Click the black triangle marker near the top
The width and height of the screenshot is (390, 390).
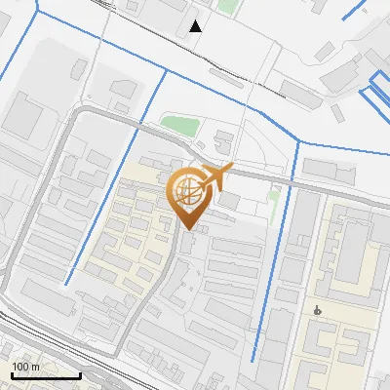pos(196,25)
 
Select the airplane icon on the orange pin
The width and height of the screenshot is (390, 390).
pos(215,177)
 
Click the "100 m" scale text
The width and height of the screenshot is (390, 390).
pos(25,367)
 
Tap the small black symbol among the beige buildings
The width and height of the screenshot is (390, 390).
pos(318,310)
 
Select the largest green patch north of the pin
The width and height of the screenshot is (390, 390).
pos(178,126)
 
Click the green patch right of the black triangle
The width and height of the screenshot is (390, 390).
pos(226,7)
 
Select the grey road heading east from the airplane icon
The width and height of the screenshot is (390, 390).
pos(312,185)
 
